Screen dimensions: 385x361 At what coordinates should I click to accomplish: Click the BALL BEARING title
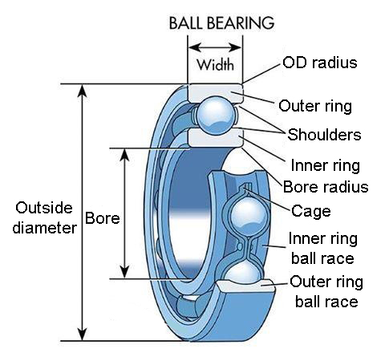tap(221, 23)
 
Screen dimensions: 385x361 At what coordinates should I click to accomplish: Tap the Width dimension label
tap(215, 65)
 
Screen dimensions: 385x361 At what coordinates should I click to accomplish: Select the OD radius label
tap(320, 63)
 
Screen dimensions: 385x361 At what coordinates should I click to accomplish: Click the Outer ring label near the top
tap(315, 106)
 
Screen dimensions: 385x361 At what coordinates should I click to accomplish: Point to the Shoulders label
tap(324, 135)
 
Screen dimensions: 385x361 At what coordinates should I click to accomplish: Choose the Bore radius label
tap(326, 186)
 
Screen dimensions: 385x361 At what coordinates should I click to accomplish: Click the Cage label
tap(311, 211)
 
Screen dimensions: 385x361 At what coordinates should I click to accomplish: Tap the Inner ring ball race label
tap(322, 249)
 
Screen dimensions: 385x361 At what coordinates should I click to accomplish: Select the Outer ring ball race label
tap(326, 291)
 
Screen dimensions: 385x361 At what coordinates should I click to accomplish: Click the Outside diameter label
tap(45, 218)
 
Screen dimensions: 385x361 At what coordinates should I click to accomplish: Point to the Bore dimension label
tap(103, 218)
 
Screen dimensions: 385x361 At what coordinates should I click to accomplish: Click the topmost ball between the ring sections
tap(216, 115)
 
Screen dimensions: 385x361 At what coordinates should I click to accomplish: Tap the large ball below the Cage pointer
tap(249, 216)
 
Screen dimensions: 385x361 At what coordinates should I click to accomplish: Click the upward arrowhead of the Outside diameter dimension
tap(83, 91)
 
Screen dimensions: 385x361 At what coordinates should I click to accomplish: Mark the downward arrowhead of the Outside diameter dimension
tap(83, 335)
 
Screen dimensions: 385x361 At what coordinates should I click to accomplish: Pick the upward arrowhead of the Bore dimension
tap(124, 155)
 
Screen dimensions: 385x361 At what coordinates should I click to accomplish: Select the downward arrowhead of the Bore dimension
tap(124, 272)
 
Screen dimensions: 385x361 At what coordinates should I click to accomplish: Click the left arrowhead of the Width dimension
tap(194, 47)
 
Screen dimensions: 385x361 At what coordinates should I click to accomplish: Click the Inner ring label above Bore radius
tap(326, 165)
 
